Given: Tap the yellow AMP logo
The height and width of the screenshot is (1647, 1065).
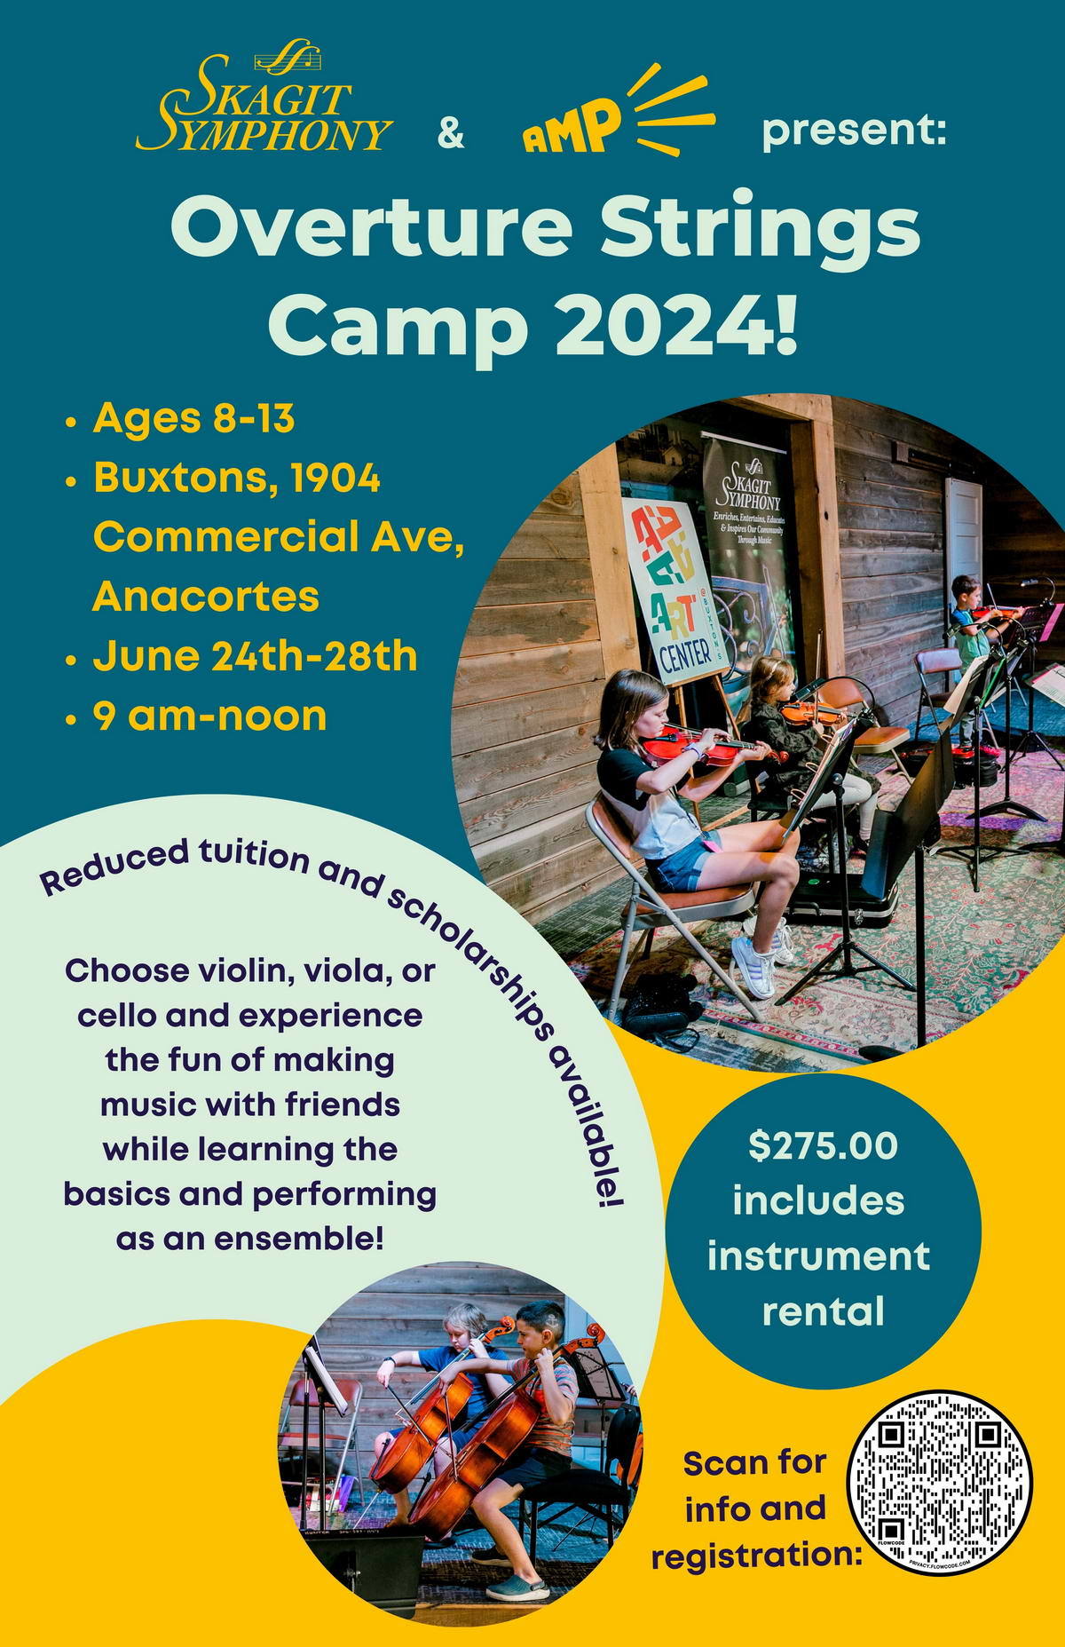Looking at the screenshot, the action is [619, 112].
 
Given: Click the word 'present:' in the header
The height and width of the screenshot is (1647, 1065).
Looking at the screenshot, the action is [855, 130].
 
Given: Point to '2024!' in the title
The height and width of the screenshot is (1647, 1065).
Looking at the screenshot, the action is [677, 325].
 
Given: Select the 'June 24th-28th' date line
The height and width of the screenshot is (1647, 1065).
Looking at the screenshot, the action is [255, 656].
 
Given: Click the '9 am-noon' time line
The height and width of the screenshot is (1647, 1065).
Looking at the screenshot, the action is [209, 716].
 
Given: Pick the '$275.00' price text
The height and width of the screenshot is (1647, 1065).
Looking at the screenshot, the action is [823, 1145].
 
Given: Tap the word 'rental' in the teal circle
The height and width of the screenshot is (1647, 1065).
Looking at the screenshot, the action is [824, 1310].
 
